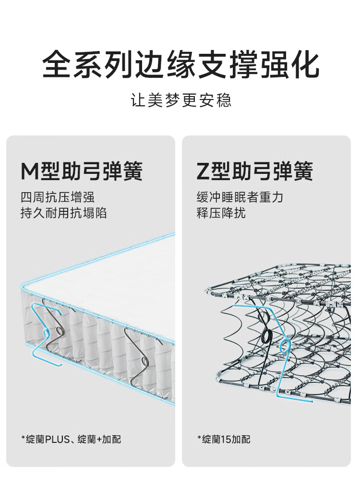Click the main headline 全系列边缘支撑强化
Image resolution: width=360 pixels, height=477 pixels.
180,65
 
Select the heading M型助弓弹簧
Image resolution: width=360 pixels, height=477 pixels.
82,171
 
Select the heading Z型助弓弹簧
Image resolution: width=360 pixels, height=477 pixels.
255,171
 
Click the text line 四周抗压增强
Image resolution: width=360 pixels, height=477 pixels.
58,197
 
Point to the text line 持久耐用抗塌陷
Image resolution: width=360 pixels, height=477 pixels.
63,213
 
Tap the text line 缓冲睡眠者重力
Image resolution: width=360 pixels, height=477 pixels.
240,197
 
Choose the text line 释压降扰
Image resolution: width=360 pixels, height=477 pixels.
221,213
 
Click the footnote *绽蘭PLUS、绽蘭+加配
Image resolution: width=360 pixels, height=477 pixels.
71,439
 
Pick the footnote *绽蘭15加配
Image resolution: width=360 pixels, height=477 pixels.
224,439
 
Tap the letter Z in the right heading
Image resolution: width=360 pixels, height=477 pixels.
204,171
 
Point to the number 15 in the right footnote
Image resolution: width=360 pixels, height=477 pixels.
227,439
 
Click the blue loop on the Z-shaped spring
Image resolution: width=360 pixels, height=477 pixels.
284,345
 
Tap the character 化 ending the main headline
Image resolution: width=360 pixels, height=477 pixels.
304,65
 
